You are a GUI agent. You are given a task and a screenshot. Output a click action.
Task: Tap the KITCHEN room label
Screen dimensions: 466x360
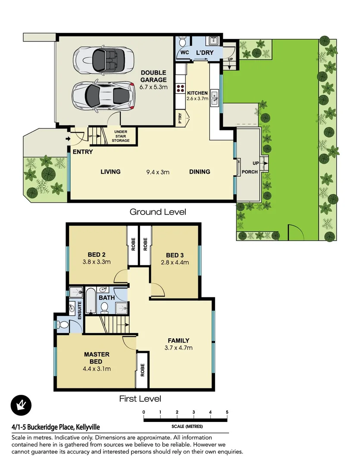pyautogui.click(x=197, y=93)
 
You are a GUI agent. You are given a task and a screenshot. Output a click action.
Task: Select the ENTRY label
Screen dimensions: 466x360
pyautogui.click(x=83, y=152)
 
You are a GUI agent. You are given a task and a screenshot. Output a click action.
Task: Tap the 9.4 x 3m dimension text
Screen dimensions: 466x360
pyautogui.click(x=158, y=172)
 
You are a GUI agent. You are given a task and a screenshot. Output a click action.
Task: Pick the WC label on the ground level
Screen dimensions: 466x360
pyautogui.click(x=185, y=53)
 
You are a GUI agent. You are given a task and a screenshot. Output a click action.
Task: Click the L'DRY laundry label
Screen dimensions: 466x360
pyautogui.click(x=204, y=53)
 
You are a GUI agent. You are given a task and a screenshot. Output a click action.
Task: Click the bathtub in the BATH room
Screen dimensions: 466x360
pyautogui.click(x=91, y=300)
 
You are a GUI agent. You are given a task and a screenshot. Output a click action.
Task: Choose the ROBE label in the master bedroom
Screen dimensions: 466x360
pyautogui.click(x=142, y=370)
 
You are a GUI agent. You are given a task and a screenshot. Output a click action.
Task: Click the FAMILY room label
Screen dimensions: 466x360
pyautogui.click(x=178, y=340)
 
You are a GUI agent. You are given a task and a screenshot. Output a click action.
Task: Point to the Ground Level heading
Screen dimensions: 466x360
pyautogui.click(x=158, y=212)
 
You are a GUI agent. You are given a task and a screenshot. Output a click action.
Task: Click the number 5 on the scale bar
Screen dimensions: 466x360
pyautogui.click(x=227, y=412)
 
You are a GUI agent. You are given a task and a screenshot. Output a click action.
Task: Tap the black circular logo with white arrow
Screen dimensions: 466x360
pyautogui.click(x=20, y=405)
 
